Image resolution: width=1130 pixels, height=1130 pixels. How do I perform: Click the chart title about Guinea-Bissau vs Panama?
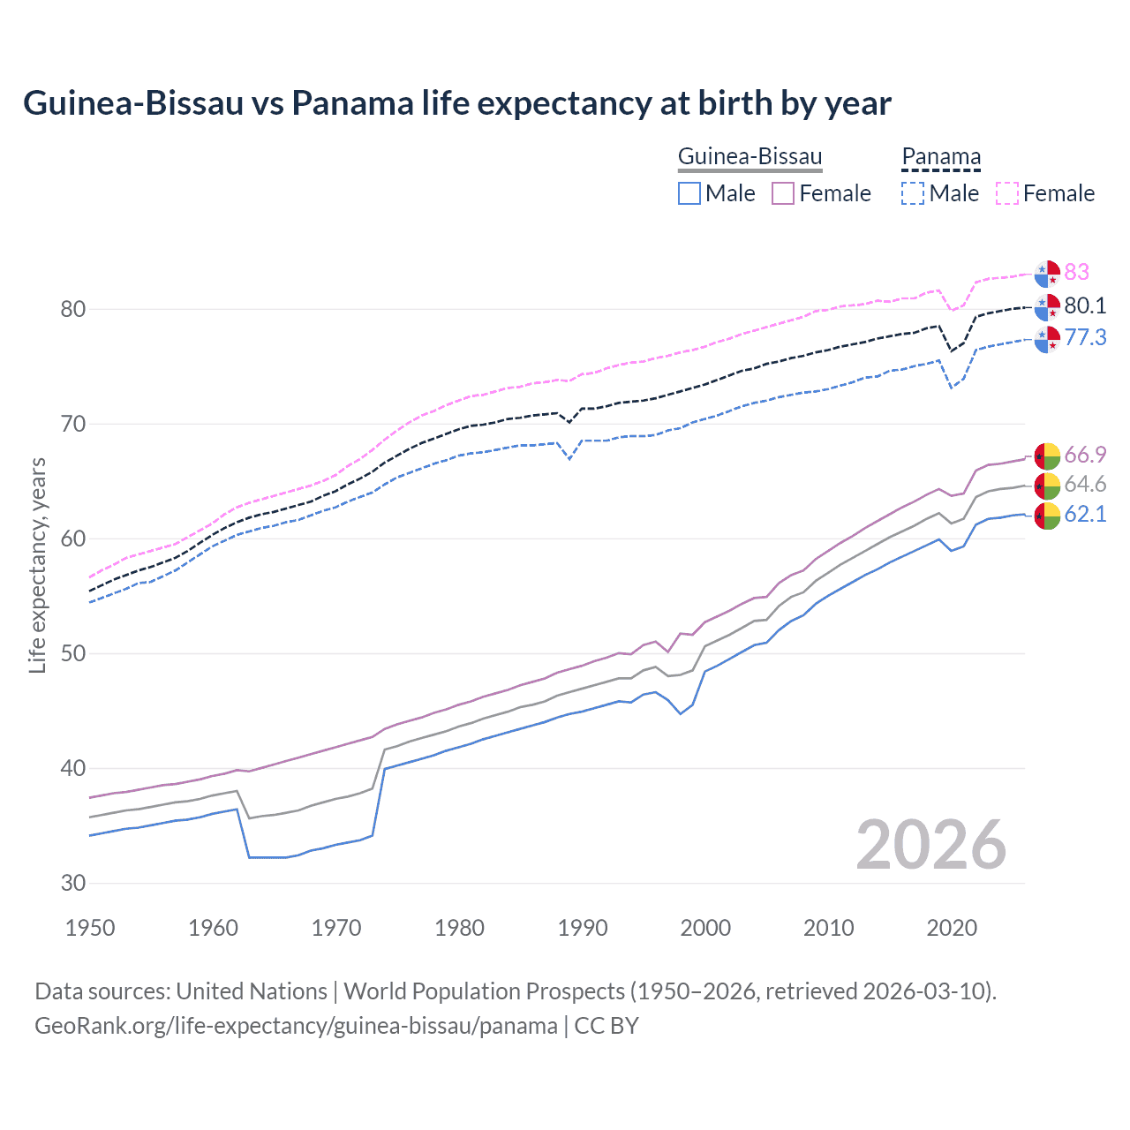pos(456,103)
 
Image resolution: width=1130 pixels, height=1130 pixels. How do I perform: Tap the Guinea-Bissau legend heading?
pos(750,157)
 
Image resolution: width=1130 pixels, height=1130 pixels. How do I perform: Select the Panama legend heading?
pos(940,157)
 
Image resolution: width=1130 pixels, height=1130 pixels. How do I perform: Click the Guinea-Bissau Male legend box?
pos(689,193)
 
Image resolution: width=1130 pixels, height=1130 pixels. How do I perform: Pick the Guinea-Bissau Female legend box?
pos(783,193)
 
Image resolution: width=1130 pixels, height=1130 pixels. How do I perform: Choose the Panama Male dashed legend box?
pos(913,193)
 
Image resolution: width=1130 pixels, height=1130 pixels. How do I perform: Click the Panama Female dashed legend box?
pos(1007,193)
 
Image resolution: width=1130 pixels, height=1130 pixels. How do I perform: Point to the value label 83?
pos(1076,272)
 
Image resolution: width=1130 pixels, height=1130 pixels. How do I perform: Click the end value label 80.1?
pos(1085,305)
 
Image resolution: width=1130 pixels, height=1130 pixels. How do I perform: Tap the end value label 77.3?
pos(1085,337)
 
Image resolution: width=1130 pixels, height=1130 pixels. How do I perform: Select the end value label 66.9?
pos(1085,455)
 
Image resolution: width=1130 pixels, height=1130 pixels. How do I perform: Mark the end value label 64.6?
pos(1085,485)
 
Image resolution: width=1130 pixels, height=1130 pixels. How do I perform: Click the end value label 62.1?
pos(1085,515)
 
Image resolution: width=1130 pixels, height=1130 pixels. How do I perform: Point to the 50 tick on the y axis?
pos(73,654)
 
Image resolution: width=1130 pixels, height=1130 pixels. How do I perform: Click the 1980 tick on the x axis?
pos(459,928)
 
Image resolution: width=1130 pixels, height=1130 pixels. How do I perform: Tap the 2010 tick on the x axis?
pos(828,928)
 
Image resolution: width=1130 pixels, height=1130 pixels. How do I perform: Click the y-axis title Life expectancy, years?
pos(38,565)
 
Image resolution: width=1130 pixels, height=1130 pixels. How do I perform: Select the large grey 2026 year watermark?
pos(930,845)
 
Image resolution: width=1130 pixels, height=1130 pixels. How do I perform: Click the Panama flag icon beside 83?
pos(1047,274)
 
